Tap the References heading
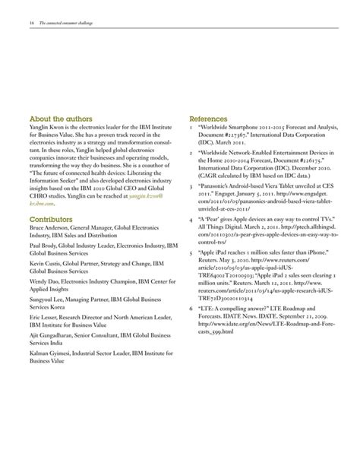[x=209, y=119]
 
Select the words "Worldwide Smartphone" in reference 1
[x=232, y=127]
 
